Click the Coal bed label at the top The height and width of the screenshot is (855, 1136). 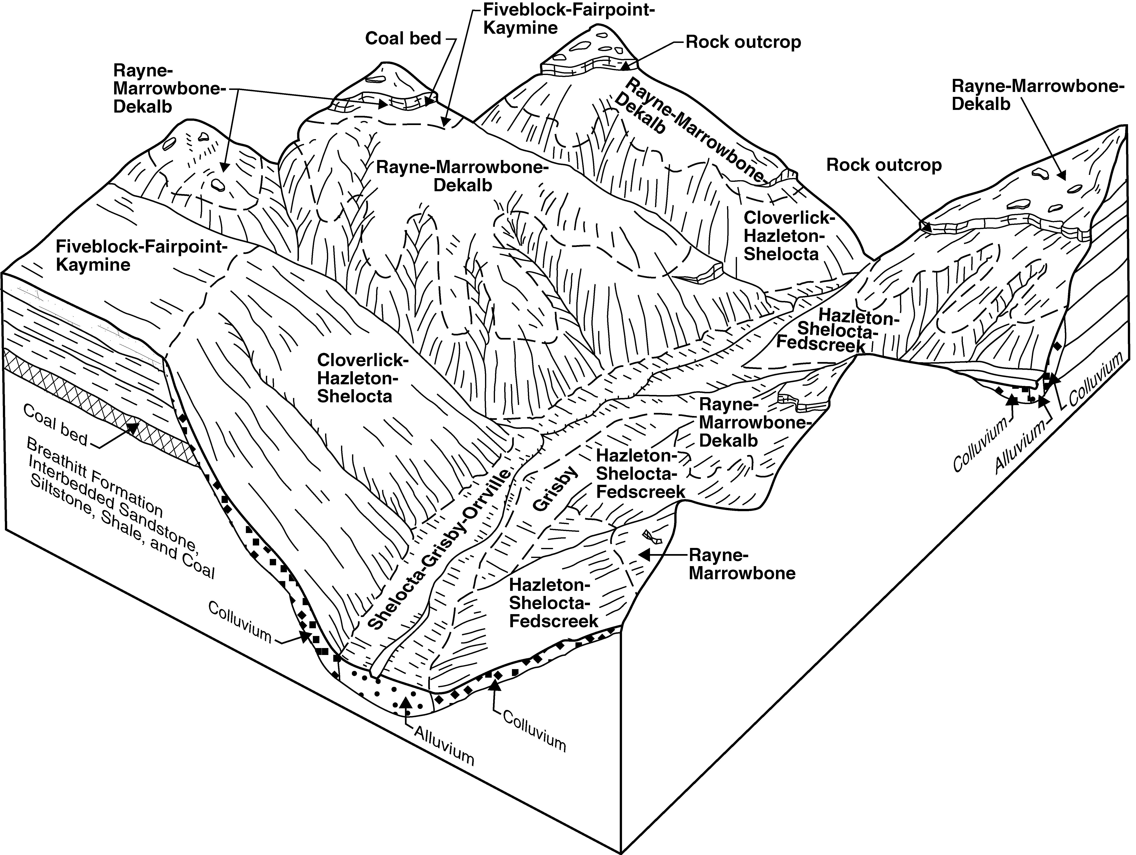coord(403,39)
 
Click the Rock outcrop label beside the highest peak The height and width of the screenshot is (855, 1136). coord(743,42)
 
